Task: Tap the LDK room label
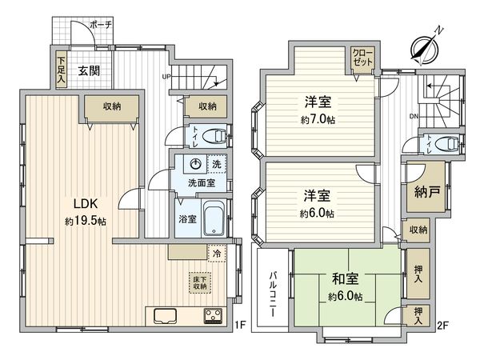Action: [75, 202]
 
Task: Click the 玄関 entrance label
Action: [89, 70]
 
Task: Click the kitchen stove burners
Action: [214, 314]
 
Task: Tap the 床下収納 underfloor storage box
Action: [198, 282]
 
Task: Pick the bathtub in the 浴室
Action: [213, 216]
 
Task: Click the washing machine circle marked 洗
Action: [197, 164]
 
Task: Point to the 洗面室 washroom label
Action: [199, 183]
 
